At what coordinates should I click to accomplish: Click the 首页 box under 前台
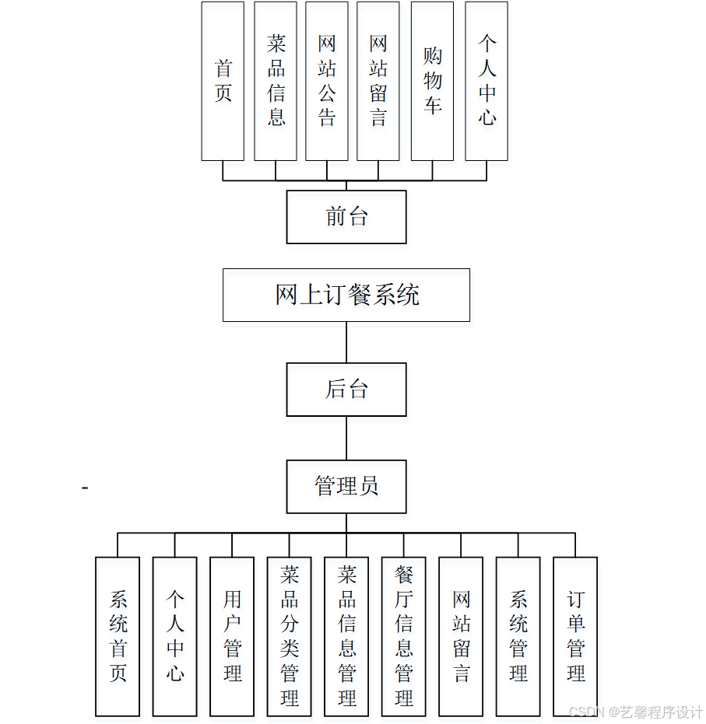tap(223, 81)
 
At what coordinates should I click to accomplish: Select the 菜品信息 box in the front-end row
tap(276, 81)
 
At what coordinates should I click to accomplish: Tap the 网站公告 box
tap(327, 81)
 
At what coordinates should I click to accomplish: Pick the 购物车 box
tap(432, 81)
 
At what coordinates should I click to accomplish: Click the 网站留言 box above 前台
tap(378, 81)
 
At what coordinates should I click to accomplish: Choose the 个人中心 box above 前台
tap(486, 81)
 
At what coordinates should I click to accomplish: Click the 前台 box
tap(346, 217)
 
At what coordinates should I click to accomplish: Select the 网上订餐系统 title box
tap(346, 295)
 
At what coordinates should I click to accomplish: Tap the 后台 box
tap(346, 389)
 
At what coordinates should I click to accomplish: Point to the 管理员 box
tap(346, 487)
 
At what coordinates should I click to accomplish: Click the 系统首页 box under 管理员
tap(118, 636)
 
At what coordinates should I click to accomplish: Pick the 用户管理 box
tap(232, 636)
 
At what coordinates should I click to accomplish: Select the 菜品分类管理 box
tap(290, 636)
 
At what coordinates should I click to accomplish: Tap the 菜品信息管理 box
tap(346, 636)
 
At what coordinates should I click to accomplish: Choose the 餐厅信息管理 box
tap(403, 636)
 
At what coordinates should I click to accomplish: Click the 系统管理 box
tap(518, 636)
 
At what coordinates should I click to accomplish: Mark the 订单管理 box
tap(575, 636)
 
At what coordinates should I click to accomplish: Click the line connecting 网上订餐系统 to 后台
tap(346, 342)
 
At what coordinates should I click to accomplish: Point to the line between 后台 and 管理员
tap(346, 438)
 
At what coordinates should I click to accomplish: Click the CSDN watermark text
tap(636, 712)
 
